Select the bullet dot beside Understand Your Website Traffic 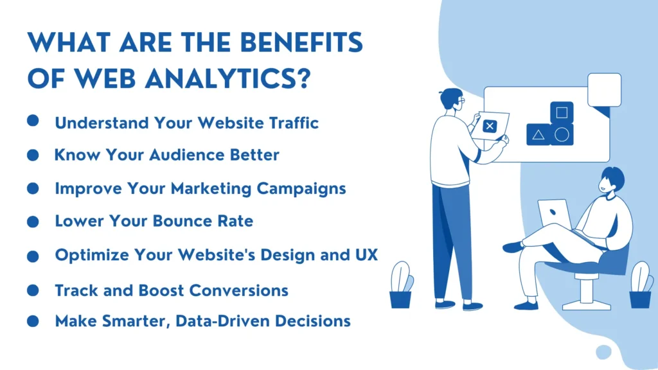[x=33, y=121]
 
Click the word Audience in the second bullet [x=184, y=155]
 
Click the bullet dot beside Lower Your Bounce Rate [x=33, y=222]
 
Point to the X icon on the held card [x=490, y=127]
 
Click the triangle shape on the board [x=538, y=135]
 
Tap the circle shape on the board [x=562, y=135]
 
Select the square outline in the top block [x=562, y=113]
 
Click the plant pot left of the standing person [x=400, y=299]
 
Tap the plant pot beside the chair [x=640, y=299]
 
